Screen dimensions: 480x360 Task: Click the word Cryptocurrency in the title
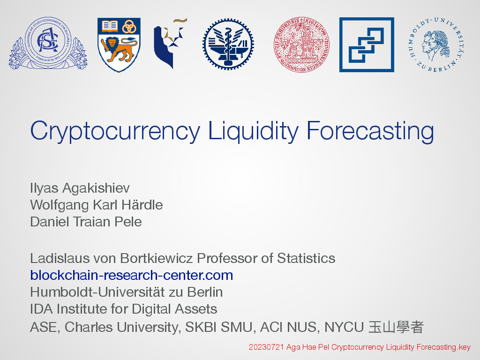click(x=115, y=132)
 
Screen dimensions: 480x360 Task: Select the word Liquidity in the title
click(x=253, y=132)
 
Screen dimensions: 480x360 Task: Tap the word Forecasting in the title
click(x=370, y=132)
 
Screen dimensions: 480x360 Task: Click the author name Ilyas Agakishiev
click(x=80, y=188)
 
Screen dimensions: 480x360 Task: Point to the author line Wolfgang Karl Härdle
click(x=97, y=205)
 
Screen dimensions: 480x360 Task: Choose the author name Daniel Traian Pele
click(x=86, y=222)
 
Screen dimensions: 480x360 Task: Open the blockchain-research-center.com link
click(x=132, y=275)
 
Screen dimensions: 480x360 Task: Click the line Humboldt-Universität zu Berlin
click(x=127, y=292)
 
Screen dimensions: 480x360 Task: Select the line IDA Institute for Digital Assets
click(x=124, y=309)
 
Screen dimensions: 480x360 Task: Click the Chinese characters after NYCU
click(x=396, y=327)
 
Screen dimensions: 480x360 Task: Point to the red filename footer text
click(x=360, y=347)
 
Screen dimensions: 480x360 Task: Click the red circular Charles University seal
click(x=301, y=45)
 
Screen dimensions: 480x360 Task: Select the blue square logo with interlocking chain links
click(x=367, y=45)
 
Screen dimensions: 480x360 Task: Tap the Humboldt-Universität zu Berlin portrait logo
click(x=436, y=45)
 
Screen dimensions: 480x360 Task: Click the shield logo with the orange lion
click(x=119, y=45)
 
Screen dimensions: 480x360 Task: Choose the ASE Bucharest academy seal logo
click(x=48, y=43)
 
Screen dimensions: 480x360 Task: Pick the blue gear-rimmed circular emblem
click(x=228, y=45)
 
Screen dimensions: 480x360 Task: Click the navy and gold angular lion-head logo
click(x=170, y=43)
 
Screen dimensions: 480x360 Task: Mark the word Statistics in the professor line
click(x=306, y=258)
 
